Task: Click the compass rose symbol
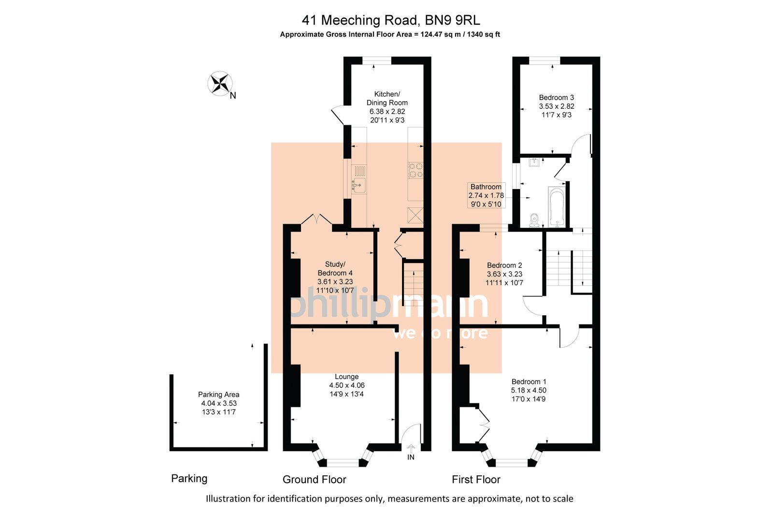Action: tap(220, 84)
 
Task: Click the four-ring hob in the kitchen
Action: tap(415, 170)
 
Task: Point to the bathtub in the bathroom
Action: tap(557, 207)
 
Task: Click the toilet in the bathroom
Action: tap(534, 220)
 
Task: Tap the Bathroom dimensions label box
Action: tap(486, 195)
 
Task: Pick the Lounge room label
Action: tap(347, 376)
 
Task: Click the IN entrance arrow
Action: tap(411, 453)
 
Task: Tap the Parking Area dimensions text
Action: tap(219, 403)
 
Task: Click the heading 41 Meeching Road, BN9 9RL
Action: tap(391, 20)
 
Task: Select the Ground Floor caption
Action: tap(315, 479)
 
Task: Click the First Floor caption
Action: tap(476, 479)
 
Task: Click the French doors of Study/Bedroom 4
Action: tap(316, 220)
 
